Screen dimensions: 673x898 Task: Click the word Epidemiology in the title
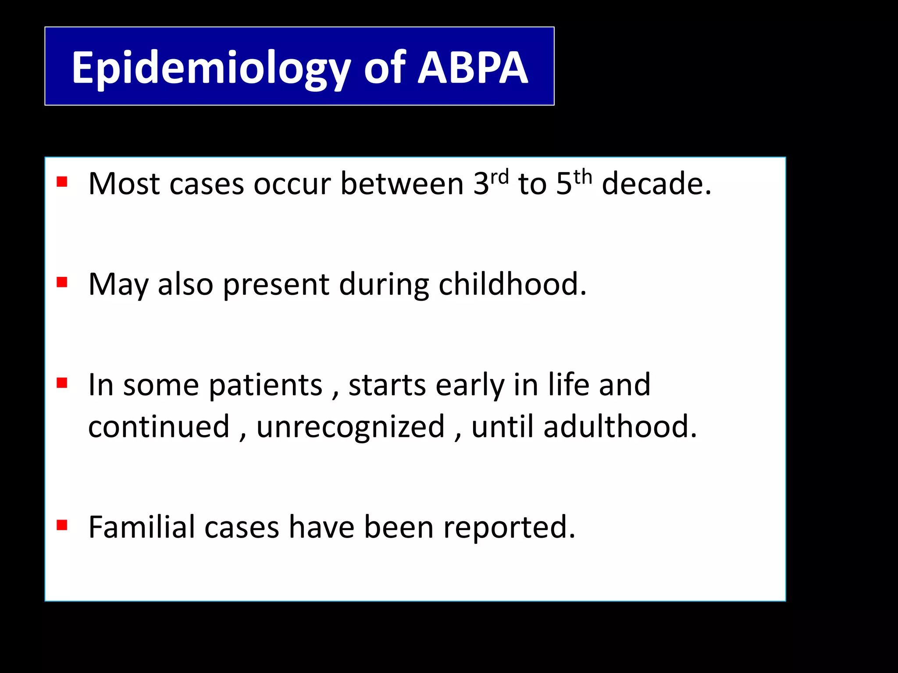pyautogui.click(x=211, y=68)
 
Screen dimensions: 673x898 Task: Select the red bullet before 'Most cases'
pyautogui.click(x=62, y=181)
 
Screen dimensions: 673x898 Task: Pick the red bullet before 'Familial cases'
pyautogui.click(x=62, y=525)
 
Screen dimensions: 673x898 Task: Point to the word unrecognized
pyautogui.click(x=350, y=427)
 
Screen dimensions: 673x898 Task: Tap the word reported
pyautogui.click(x=509, y=528)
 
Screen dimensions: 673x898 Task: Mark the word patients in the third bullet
pyautogui.click(x=265, y=386)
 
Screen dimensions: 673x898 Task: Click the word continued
pyautogui.click(x=159, y=427)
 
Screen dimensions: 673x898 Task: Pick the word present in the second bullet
pyautogui.click(x=276, y=285)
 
